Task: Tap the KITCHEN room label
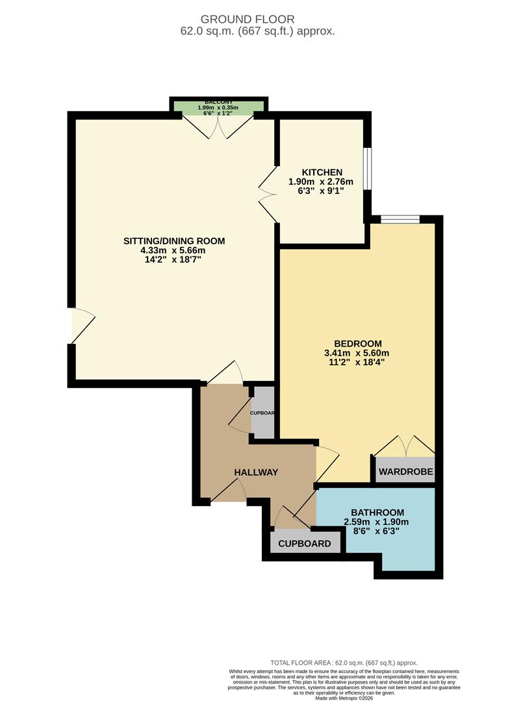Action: pos(321,172)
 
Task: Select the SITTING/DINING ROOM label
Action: pos(174,241)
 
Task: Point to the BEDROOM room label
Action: pos(357,343)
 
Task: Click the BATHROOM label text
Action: pos(377,512)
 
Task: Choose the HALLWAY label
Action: pos(256,473)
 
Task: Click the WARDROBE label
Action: pos(405,471)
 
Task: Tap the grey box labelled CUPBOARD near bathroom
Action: pos(305,543)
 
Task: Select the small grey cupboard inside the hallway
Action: pos(262,412)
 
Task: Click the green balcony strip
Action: pos(218,108)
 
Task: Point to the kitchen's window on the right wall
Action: pos(366,169)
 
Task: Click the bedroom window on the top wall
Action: pos(400,219)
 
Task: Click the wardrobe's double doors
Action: pos(405,446)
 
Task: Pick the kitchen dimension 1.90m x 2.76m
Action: pos(321,182)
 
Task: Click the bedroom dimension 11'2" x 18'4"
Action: pos(357,363)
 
